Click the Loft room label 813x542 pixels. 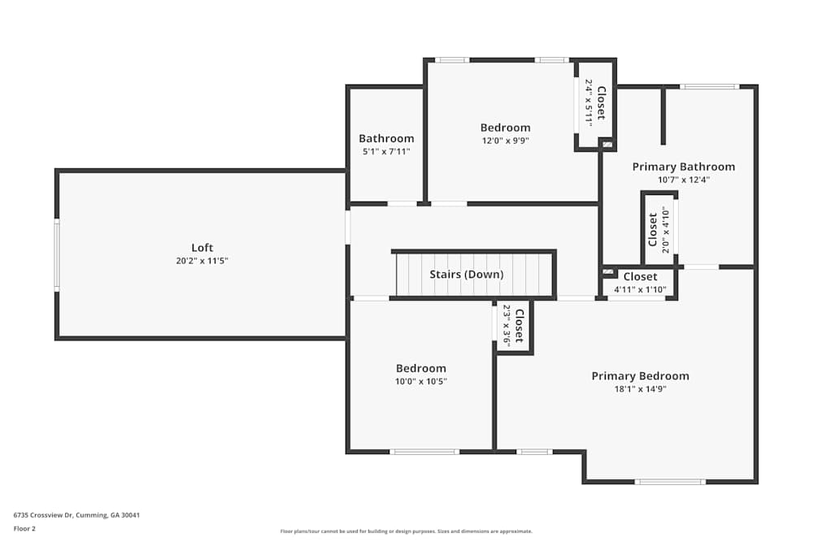point(202,248)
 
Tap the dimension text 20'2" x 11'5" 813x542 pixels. point(202,261)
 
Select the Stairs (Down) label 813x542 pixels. point(467,274)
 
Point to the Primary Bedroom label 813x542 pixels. point(641,376)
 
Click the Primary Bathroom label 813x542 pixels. point(684,167)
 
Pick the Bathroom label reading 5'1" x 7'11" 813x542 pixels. point(386,138)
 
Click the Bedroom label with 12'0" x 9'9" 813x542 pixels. point(506,128)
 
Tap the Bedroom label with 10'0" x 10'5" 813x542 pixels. point(421,368)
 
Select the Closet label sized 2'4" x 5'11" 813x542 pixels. point(602,102)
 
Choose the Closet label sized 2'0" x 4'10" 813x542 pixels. point(653,229)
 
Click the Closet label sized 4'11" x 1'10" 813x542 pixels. point(641,277)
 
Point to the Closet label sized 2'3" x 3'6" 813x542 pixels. point(520,327)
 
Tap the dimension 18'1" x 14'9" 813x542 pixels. point(641,389)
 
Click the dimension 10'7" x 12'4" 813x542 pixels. point(684,180)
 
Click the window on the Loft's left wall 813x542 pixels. point(57,254)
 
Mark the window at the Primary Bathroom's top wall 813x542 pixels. point(709,86)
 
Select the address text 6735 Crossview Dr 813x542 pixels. point(44,515)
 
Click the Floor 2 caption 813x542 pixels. point(24,528)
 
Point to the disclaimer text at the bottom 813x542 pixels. point(406,531)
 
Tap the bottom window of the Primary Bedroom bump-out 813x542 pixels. point(670,482)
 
